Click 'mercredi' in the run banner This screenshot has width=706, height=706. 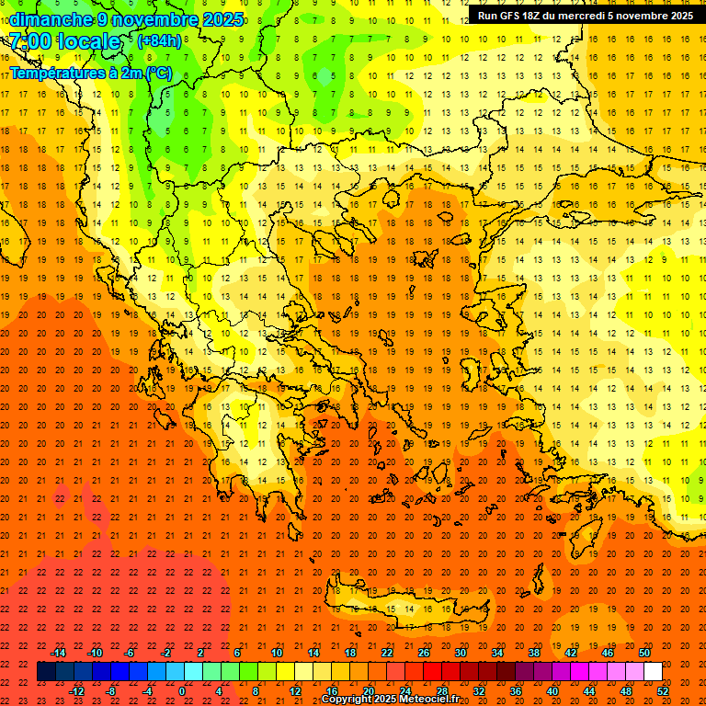pos(593,16)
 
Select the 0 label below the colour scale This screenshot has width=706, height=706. pos(182,691)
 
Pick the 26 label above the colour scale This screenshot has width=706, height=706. pos(424,653)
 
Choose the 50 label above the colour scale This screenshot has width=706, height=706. pos(644,653)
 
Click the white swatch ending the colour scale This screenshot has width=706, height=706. pos(653,672)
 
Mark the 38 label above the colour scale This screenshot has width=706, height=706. pos(534,653)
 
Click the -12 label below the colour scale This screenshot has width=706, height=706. pos(76,691)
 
